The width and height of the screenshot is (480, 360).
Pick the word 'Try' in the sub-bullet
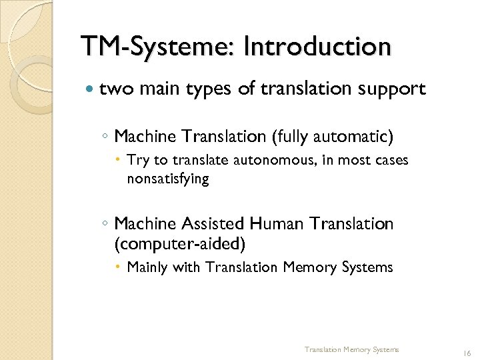pos(138,161)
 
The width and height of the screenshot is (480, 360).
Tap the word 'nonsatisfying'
pos(167,179)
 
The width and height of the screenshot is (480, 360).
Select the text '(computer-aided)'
pos(180,244)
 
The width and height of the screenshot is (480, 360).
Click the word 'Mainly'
pos(147,267)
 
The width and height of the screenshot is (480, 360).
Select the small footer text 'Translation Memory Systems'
pos(351,349)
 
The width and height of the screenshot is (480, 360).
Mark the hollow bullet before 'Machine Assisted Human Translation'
pos(106,225)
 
